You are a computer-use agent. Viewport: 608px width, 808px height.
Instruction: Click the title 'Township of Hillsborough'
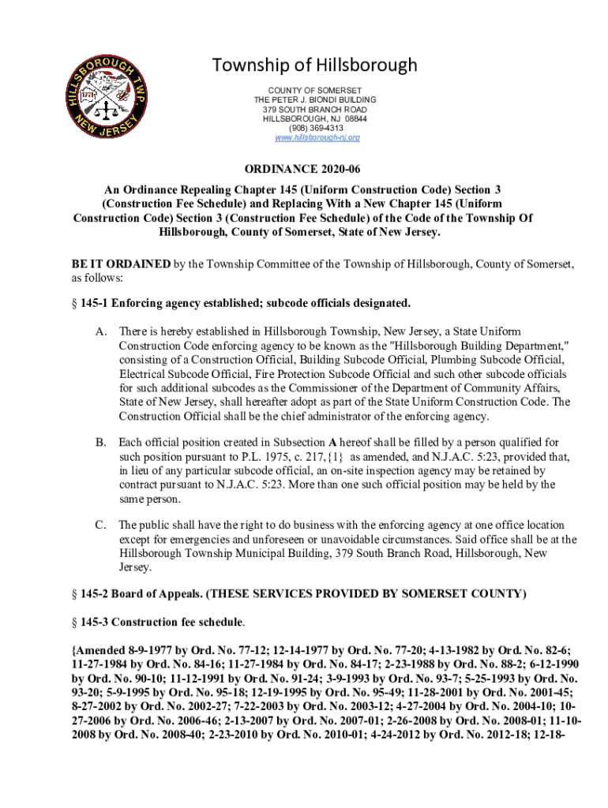click(x=315, y=65)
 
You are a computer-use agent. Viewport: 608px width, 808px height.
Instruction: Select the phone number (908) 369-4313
click(x=315, y=128)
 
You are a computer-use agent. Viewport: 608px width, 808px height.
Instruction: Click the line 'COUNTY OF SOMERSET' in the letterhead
click(x=315, y=91)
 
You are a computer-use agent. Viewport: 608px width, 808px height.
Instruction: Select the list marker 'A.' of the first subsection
click(x=101, y=331)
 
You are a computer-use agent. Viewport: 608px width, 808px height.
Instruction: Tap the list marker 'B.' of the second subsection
click(x=101, y=442)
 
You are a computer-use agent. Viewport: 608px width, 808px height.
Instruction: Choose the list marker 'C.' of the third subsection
click(x=101, y=525)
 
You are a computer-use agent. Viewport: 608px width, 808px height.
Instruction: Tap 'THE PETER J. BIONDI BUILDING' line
click(x=315, y=100)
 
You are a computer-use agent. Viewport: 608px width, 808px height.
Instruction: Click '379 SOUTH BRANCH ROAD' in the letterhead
click(x=315, y=110)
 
